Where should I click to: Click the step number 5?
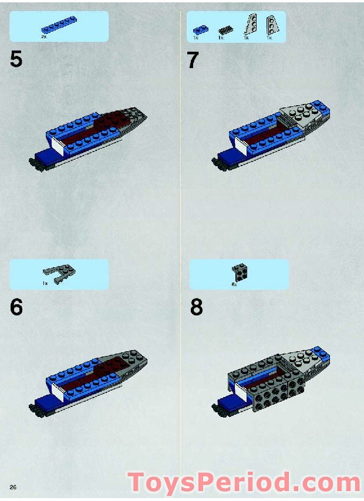click(16, 59)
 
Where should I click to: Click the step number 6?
click(16, 307)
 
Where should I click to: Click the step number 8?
click(196, 307)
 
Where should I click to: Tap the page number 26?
click(12, 487)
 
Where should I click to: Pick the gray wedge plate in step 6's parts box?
click(59, 271)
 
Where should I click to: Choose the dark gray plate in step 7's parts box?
click(225, 30)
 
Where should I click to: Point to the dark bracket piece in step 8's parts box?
click(239, 271)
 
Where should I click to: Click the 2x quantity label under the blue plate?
click(43, 37)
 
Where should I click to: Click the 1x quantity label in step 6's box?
click(45, 283)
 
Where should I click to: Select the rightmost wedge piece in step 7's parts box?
click(272, 25)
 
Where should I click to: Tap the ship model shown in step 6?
click(88, 382)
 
